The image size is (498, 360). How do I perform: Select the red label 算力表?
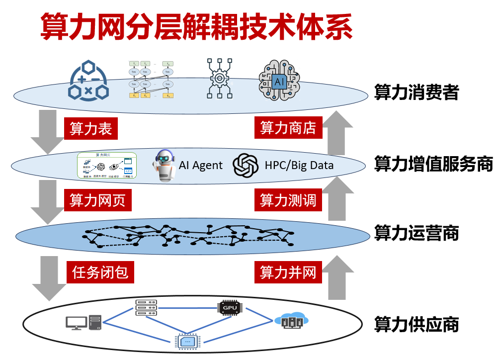pyautogui.click(x=91, y=129)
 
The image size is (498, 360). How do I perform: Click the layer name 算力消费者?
pyautogui.click(x=416, y=92)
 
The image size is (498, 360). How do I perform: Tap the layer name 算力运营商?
pyautogui.click(x=416, y=233)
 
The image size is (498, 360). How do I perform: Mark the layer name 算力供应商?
pyautogui.click(x=416, y=325)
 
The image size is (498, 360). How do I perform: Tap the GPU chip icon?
pyautogui.click(x=230, y=308)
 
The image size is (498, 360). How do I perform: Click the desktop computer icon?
pyautogui.click(x=83, y=323)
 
